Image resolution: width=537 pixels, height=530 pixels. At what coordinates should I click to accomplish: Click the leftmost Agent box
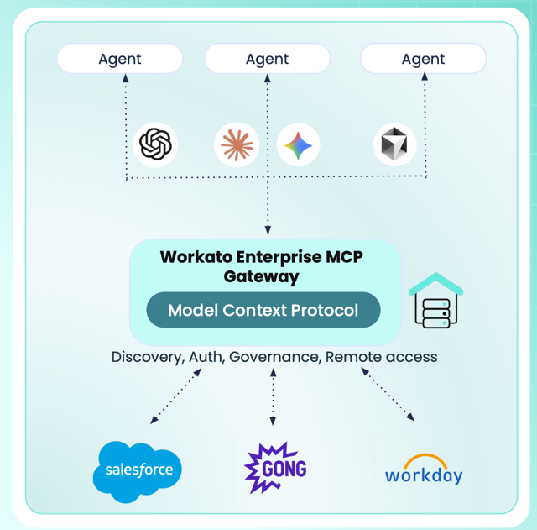[x=120, y=59]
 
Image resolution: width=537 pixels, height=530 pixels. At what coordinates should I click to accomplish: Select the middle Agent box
[x=267, y=59]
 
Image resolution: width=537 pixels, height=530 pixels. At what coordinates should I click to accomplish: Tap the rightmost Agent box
[x=423, y=59]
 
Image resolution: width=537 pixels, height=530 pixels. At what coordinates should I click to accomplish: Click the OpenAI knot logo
[x=155, y=144]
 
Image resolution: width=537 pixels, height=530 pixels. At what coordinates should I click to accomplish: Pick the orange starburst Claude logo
[x=237, y=144]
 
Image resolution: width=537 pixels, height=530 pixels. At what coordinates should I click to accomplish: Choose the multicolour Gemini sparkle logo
[x=298, y=144]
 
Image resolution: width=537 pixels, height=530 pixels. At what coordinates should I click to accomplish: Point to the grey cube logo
[x=394, y=144]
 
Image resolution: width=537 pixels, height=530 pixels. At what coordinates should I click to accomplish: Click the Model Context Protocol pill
[x=263, y=310]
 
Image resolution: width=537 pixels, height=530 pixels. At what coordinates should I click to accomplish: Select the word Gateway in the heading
[x=262, y=275]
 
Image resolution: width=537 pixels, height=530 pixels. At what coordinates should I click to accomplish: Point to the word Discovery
[x=147, y=357]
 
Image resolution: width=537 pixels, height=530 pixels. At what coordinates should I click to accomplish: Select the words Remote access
[x=382, y=357]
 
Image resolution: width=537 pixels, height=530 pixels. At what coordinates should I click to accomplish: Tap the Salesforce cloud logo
[x=138, y=470]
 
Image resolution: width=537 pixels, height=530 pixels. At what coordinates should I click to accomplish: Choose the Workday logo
[x=423, y=470]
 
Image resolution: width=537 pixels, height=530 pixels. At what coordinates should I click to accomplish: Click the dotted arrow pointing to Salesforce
[x=176, y=395]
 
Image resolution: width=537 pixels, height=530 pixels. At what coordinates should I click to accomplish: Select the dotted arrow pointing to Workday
[x=388, y=395]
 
